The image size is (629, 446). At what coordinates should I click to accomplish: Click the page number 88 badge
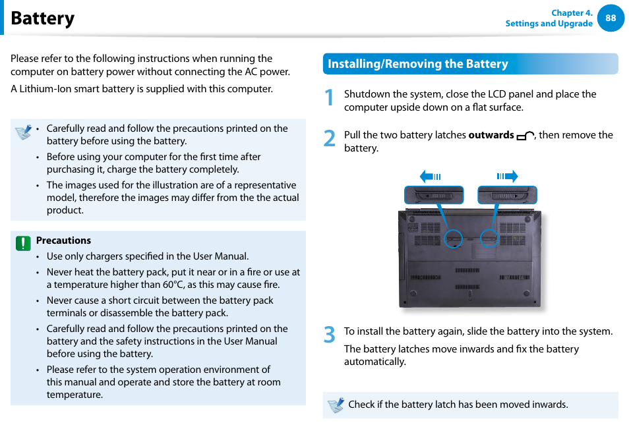pyautogui.click(x=611, y=18)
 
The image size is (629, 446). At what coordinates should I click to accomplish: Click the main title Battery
pyautogui.click(x=43, y=18)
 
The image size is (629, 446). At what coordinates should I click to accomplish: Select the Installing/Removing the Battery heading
pyautogui.click(x=418, y=64)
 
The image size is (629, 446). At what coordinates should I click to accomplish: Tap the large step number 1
pyautogui.click(x=330, y=99)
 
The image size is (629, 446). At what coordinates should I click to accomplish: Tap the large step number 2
pyautogui.click(x=330, y=139)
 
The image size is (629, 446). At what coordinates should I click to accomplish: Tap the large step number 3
pyautogui.click(x=330, y=335)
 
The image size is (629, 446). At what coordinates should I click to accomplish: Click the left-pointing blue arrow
pyautogui.click(x=431, y=177)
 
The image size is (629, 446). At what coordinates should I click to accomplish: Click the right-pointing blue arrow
pyautogui.click(x=507, y=177)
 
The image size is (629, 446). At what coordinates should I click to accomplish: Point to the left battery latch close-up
pyautogui.click(x=433, y=195)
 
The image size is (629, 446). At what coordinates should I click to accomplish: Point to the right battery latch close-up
pyautogui.click(x=507, y=195)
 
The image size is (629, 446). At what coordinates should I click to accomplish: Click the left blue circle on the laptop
pyautogui.click(x=453, y=238)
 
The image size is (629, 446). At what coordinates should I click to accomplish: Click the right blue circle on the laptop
pyautogui.click(x=489, y=238)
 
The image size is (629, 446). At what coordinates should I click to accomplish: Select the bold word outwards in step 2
pyautogui.click(x=491, y=135)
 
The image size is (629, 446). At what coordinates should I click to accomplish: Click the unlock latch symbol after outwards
pyautogui.click(x=525, y=136)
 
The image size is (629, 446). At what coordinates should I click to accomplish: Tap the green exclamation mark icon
pyautogui.click(x=24, y=243)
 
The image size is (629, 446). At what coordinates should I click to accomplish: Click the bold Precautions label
pyautogui.click(x=63, y=240)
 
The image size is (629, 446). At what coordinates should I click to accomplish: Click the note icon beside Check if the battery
pyautogui.click(x=336, y=405)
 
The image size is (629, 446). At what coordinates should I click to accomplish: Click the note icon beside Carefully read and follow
pyautogui.click(x=24, y=132)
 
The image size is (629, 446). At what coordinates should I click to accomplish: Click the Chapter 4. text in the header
pyautogui.click(x=571, y=13)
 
